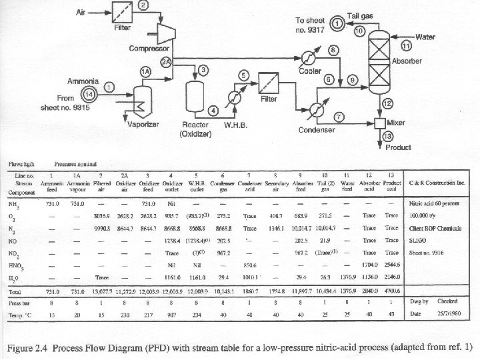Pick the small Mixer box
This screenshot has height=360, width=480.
(381, 123)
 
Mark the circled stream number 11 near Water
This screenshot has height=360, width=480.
(407, 46)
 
